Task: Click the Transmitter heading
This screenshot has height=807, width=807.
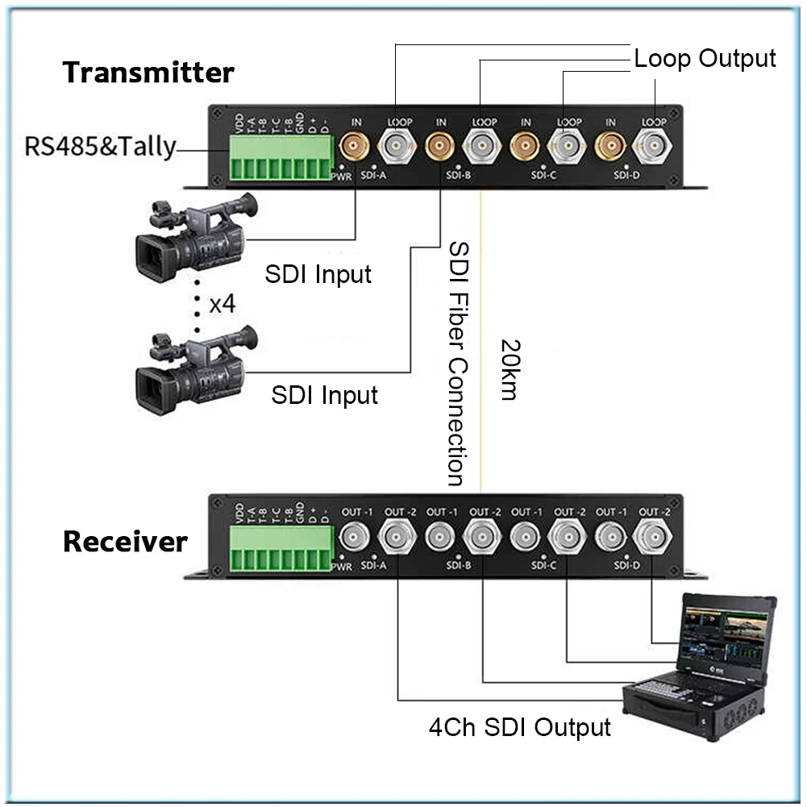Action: pos(148,73)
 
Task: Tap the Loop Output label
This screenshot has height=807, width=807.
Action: pos(705,59)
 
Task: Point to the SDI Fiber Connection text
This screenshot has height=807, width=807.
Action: pos(457,363)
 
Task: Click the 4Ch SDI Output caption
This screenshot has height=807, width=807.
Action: pos(519,727)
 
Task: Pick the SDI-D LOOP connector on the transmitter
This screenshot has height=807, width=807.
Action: pos(652,147)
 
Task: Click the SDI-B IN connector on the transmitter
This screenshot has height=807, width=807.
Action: pos(439,147)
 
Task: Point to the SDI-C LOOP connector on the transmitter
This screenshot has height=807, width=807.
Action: pos(566,147)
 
